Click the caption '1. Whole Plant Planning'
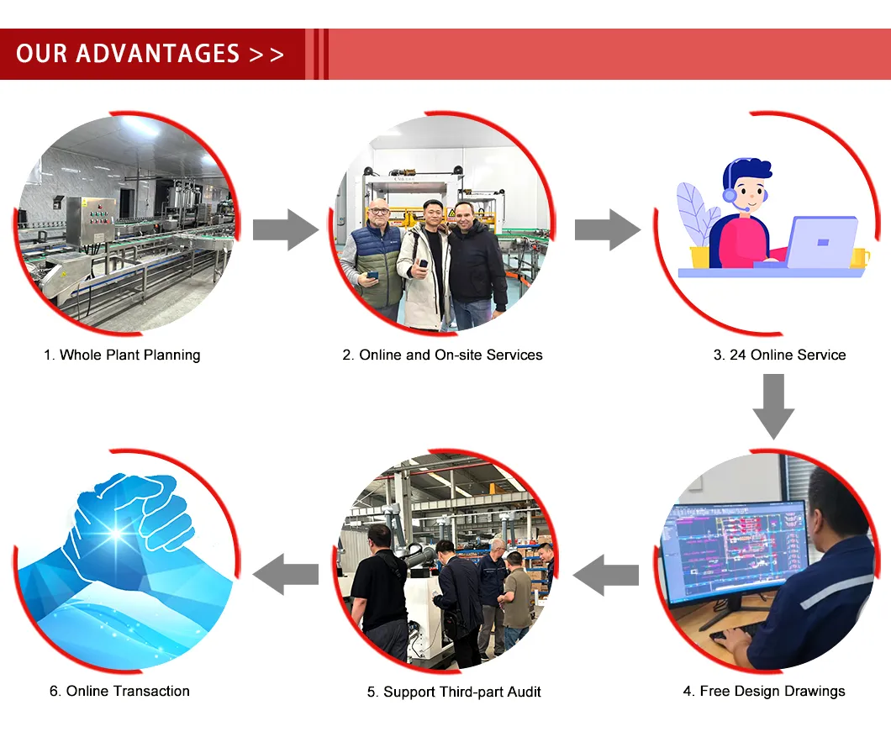(x=122, y=355)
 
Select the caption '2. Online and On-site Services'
(x=442, y=355)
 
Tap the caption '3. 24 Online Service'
(x=779, y=355)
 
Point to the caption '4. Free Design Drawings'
(x=763, y=691)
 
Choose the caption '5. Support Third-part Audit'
(x=454, y=692)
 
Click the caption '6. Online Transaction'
(x=119, y=691)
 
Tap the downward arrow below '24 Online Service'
(x=772, y=406)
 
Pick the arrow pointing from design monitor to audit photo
(x=605, y=575)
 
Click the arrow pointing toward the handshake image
(x=286, y=575)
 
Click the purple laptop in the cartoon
(x=816, y=242)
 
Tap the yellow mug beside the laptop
(x=859, y=257)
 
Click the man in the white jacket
(x=425, y=269)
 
